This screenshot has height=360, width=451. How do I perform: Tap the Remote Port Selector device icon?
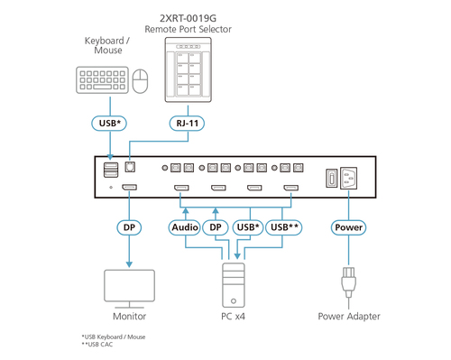coord(195,71)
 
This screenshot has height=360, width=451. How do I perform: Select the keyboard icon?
coord(98,83)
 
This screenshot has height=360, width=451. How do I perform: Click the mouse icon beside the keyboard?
coord(140,83)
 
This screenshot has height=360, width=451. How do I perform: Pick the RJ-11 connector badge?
coord(187,123)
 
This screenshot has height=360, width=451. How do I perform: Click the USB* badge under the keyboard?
coord(109,123)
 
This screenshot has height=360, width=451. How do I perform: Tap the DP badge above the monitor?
coord(129,228)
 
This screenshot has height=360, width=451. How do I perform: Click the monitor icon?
coord(129,286)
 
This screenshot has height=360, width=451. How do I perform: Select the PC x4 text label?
coord(233,317)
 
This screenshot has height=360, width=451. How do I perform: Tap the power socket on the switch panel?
coord(354,179)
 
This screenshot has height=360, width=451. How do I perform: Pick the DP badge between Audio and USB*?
coord(216,228)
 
